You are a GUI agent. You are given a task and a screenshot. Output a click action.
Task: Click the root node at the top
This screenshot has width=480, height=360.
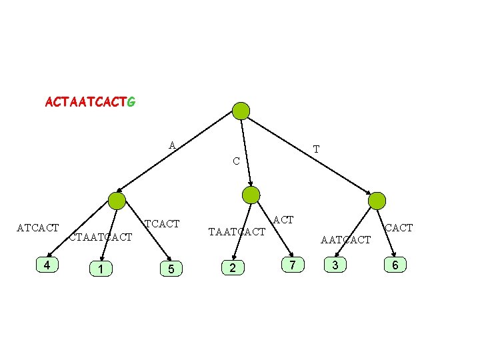[x=241, y=111]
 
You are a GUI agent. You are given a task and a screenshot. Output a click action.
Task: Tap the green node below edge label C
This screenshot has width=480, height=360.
[x=251, y=195]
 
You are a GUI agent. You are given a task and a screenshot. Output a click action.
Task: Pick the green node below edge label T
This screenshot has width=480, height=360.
[x=377, y=200]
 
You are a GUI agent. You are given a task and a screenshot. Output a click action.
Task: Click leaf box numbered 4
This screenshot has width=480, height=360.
[x=46, y=265]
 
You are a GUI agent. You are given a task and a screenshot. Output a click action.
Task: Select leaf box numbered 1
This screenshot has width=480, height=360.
[x=99, y=269]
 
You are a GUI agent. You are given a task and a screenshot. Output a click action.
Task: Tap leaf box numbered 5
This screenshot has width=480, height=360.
[x=171, y=269]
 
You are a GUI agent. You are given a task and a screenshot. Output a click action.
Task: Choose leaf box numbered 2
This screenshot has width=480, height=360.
[x=232, y=268]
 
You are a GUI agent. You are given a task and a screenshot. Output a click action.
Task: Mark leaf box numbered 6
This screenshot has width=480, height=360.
[x=395, y=265]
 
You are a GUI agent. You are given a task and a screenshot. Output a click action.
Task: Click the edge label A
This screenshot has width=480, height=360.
[x=172, y=145]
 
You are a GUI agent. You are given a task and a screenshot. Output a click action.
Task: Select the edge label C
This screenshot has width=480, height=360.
[x=236, y=161]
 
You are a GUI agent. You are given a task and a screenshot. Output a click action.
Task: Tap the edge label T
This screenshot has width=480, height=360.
[x=316, y=149]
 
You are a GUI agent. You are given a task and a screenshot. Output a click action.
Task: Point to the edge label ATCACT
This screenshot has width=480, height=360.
[x=38, y=229]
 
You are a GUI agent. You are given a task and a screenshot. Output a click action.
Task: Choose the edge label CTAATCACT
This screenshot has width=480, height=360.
[x=101, y=237]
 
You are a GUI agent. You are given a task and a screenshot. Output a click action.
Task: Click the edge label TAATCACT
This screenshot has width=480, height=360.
[x=237, y=232]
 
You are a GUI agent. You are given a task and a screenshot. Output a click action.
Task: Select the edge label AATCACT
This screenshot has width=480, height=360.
[x=345, y=239]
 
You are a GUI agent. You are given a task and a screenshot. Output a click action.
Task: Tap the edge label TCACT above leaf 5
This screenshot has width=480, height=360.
[x=162, y=223]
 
